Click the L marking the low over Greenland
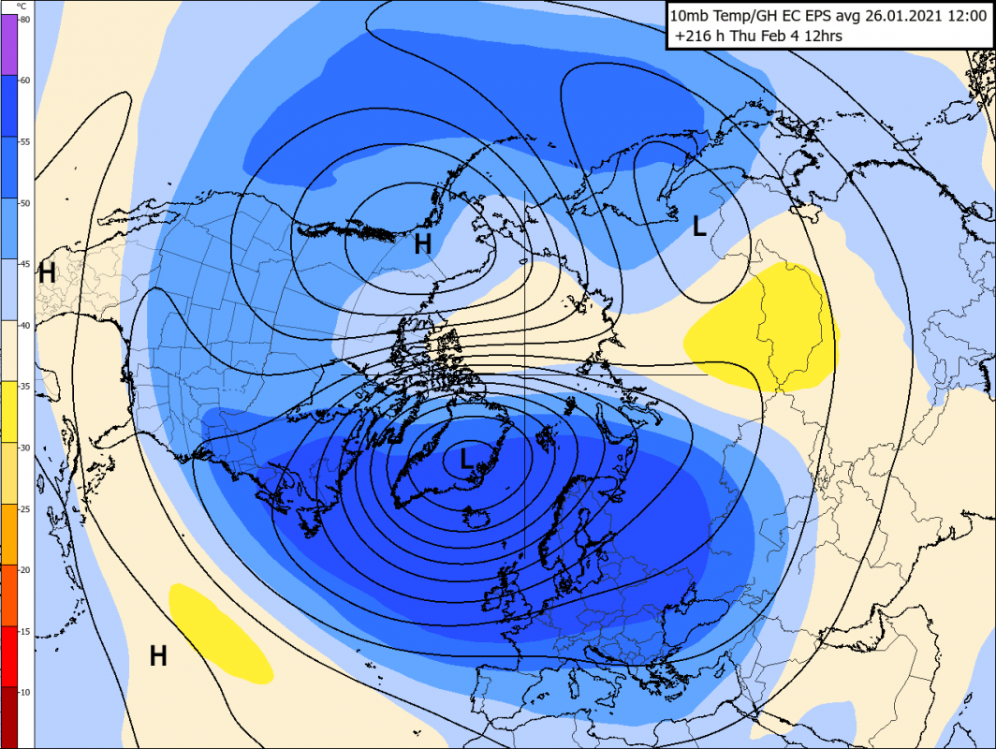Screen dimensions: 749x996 pyautogui.click(x=466, y=459)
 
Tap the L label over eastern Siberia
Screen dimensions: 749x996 pyautogui.click(x=698, y=226)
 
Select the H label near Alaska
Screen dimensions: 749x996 pyautogui.click(x=423, y=245)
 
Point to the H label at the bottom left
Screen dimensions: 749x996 pyautogui.click(x=158, y=656)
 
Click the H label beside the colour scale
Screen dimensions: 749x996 pyautogui.click(x=47, y=274)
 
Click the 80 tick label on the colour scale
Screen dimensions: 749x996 pyautogui.click(x=25, y=20)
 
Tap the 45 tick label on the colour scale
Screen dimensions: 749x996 pyautogui.click(x=25, y=264)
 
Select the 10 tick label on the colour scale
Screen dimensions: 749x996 pyautogui.click(x=25, y=692)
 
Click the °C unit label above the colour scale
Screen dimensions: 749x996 pyautogui.click(x=22, y=6)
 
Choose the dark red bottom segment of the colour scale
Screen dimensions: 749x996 pyautogui.click(x=8, y=716)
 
